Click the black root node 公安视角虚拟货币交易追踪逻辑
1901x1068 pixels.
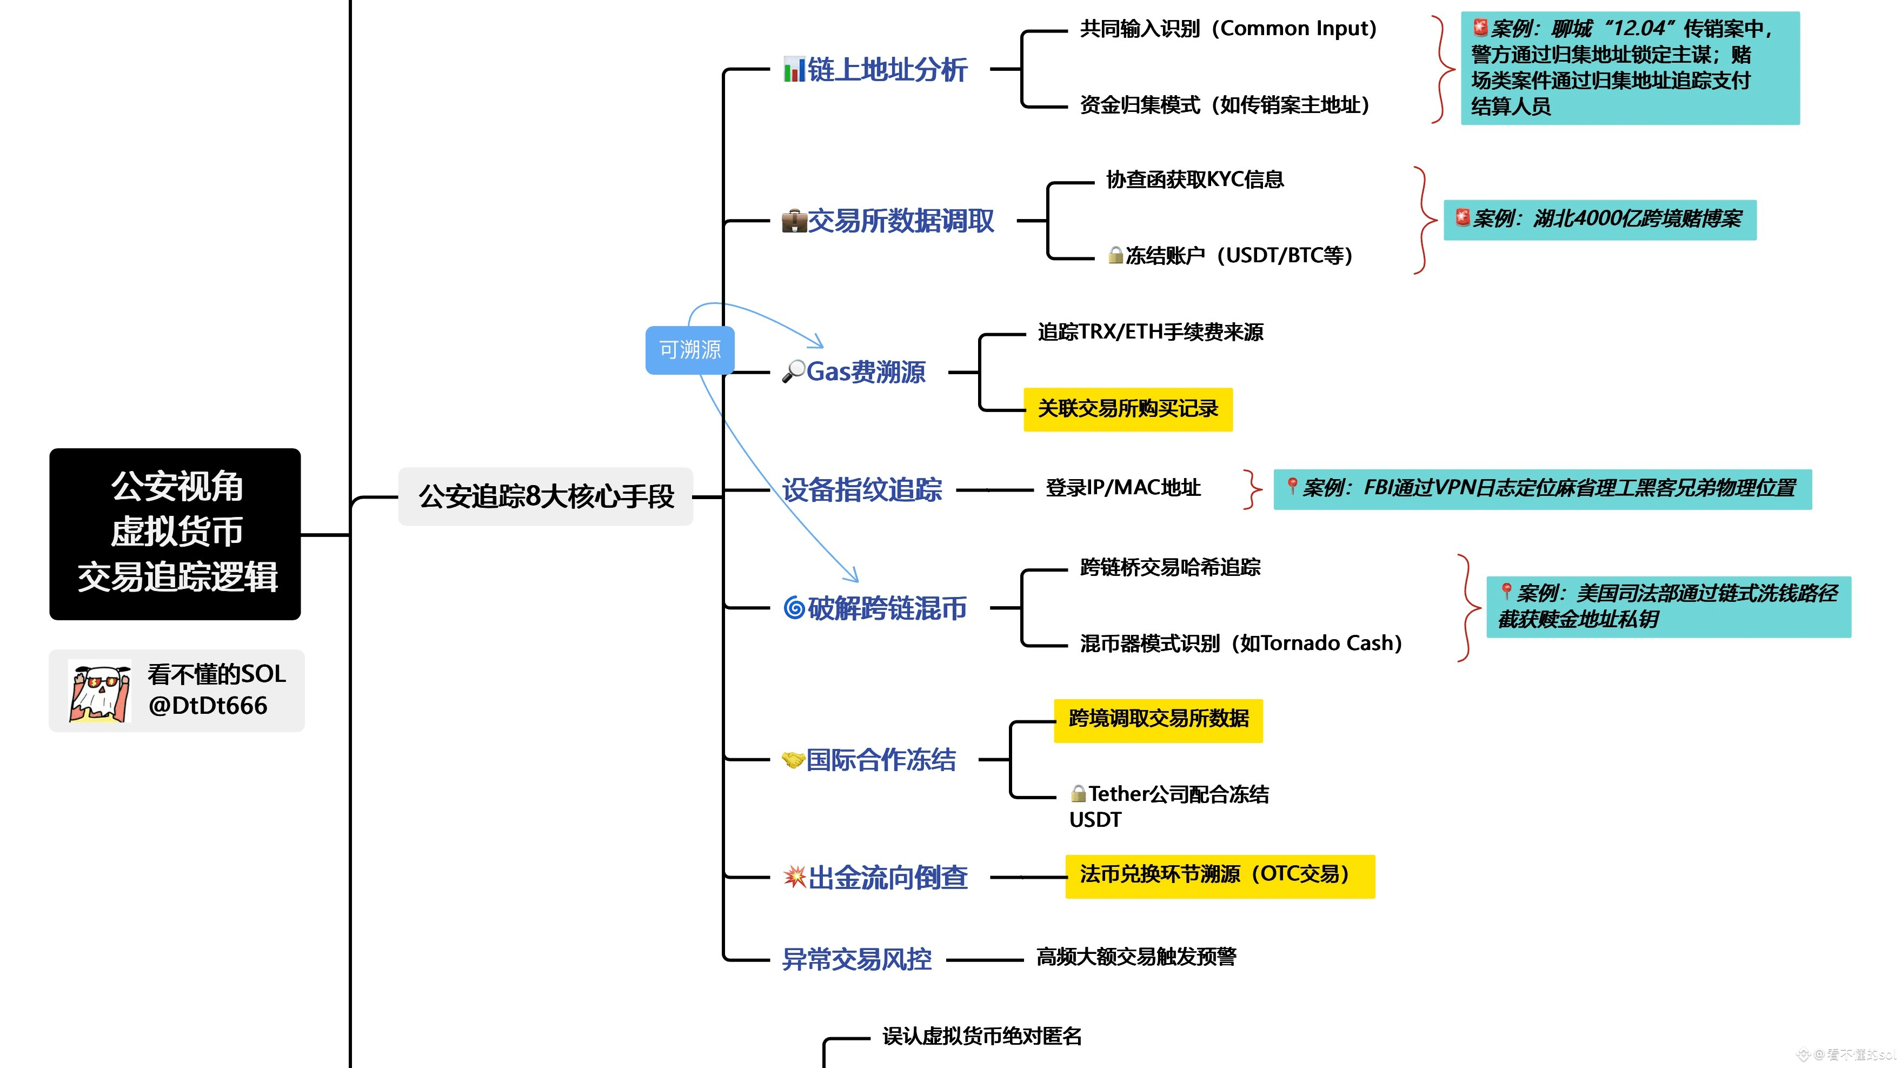(175, 533)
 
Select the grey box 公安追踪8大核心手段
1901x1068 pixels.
(546, 496)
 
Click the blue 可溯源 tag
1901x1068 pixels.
(689, 350)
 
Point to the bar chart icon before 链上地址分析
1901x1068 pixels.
(793, 70)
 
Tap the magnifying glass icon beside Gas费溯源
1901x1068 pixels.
(793, 372)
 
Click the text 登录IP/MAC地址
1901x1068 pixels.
(1122, 488)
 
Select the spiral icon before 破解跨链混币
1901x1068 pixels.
(793, 608)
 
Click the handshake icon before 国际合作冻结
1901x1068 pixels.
(793, 759)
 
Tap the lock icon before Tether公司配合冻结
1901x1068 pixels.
(1078, 794)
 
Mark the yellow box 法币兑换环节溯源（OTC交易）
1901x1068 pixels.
(1219, 875)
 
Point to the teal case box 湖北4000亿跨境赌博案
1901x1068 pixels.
(1599, 219)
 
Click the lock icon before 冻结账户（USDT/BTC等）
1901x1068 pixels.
(1115, 255)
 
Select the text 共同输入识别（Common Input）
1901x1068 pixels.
(1228, 29)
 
